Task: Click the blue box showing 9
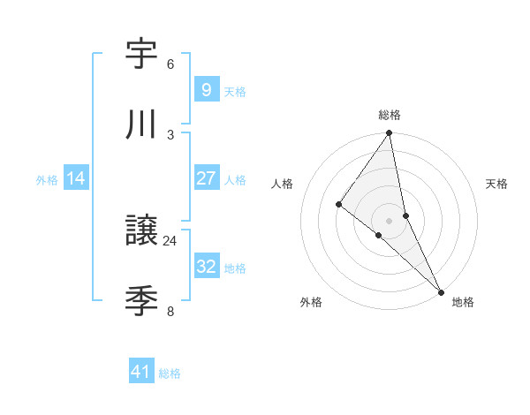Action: [x=206, y=89]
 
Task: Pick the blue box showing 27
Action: [x=206, y=178]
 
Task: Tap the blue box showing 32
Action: [x=206, y=267]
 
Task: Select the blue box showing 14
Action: [x=76, y=178]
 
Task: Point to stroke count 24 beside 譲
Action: [x=170, y=240]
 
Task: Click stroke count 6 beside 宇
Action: [x=170, y=64]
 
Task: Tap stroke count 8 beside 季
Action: [x=170, y=311]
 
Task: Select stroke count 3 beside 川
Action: [x=170, y=134]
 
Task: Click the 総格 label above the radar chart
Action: [x=390, y=115]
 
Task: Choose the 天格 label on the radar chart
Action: [x=496, y=184]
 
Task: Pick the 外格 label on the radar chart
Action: [x=311, y=302]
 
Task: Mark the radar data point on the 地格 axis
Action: [x=441, y=290]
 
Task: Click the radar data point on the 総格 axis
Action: [x=390, y=134]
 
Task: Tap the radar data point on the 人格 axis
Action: [x=338, y=204]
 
